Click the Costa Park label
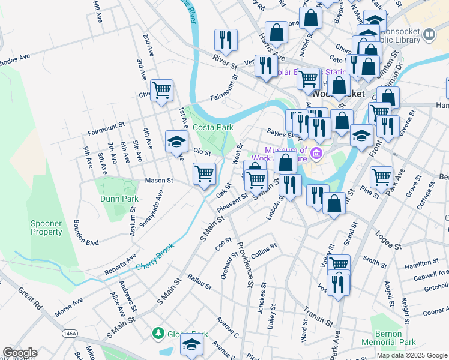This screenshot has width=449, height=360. pos(212,127)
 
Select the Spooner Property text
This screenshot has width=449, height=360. pos(46,227)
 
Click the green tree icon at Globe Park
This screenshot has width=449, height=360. pos(158,333)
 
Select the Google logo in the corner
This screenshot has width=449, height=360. pos(20,353)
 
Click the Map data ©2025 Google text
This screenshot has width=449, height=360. pos(411,355)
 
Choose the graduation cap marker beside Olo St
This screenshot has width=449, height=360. pos(176,142)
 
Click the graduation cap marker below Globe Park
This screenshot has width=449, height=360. pos(192,344)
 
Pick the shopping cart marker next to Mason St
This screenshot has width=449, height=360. pos(204,174)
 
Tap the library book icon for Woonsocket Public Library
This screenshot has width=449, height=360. pos(429,35)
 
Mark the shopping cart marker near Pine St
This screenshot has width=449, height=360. pos(381,177)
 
